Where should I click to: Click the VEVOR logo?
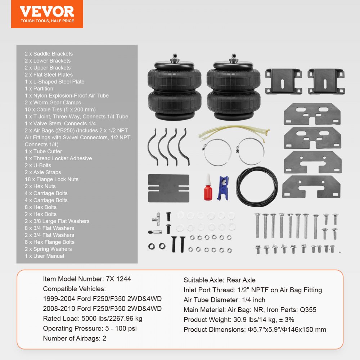(x=47, y=11)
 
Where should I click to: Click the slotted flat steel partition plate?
(x=169, y=188)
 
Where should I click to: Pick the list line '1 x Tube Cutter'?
(x=43, y=152)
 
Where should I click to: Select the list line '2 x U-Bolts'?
(x=38, y=166)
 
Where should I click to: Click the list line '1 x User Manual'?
(x=44, y=256)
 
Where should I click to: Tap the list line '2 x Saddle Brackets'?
(x=49, y=54)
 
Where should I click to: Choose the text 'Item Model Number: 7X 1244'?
(x=87, y=279)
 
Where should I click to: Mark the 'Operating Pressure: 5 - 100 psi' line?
(x=90, y=329)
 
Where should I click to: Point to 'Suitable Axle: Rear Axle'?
(x=220, y=280)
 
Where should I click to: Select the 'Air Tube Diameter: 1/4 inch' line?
(x=224, y=300)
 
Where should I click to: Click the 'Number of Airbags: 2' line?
(x=75, y=338)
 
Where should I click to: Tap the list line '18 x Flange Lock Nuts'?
(x=51, y=179)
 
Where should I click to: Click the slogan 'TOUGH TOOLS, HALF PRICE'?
(x=47, y=21)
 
